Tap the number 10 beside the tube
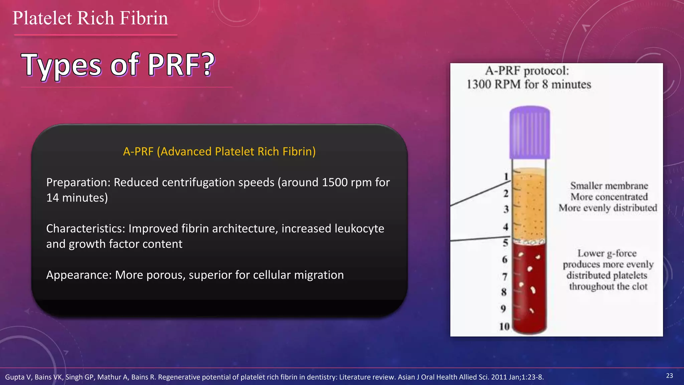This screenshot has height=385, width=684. pos(504,326)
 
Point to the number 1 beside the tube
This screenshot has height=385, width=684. pos(506,176)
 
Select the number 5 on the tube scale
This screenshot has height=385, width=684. pos(505,243)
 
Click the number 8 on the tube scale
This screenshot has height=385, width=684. pos(504,292)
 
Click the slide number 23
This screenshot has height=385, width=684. pos(669,376)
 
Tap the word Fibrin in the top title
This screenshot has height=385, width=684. pos(144,18)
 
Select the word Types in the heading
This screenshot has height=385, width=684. pos(61,66)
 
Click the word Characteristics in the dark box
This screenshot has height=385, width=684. pos(85,229)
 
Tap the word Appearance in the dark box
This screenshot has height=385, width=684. pos(78,275)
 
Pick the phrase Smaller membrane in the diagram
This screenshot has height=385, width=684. pos(609,186)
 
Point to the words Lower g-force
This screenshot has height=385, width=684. pos(607,253)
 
